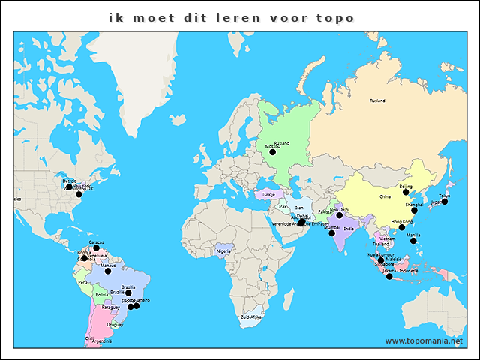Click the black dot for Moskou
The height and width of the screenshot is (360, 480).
(274, 152)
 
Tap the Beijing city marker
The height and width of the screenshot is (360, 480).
(406, 192)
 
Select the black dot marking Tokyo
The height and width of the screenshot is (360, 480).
(445, 202)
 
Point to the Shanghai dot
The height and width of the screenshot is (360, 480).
(414, 211)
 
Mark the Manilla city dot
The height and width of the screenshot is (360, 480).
(413, 241)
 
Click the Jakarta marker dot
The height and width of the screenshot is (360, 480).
(389, 277)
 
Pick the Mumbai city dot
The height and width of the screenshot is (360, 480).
(331, 233)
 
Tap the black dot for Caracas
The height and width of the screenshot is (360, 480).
(96, 248)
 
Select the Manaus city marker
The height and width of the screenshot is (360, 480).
(108, 271)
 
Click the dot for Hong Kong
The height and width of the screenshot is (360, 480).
(402, 227)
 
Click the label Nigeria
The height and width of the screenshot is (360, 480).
(223, 251)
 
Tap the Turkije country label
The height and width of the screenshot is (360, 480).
(268, 194)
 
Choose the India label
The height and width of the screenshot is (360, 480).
(349, 228)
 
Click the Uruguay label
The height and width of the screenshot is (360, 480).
(115, 325)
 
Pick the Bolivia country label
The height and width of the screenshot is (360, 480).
(102, 295)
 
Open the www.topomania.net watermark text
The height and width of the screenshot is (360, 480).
(424, 340)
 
